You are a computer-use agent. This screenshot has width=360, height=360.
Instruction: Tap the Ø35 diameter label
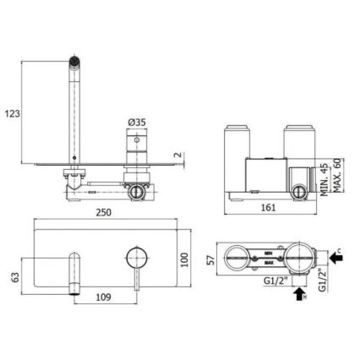(136, 121)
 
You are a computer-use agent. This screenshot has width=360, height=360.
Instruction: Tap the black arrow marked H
(297, 295)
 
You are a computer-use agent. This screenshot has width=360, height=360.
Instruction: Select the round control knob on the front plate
(133, 255)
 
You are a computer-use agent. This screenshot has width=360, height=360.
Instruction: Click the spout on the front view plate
(75, 266)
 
